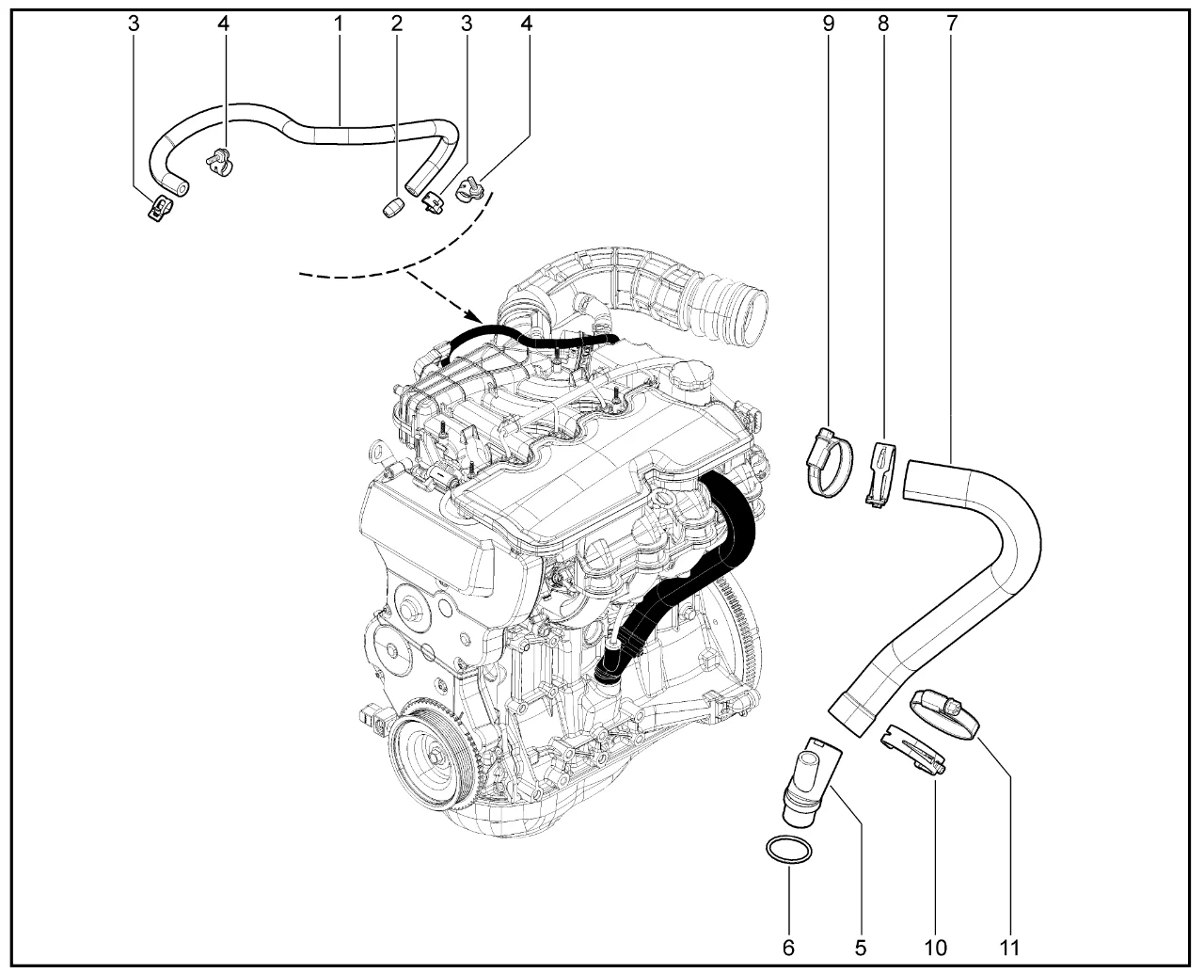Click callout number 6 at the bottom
[x=789, y=946]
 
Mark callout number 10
[x=937, y=946]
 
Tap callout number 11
[x=1011, y=946]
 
